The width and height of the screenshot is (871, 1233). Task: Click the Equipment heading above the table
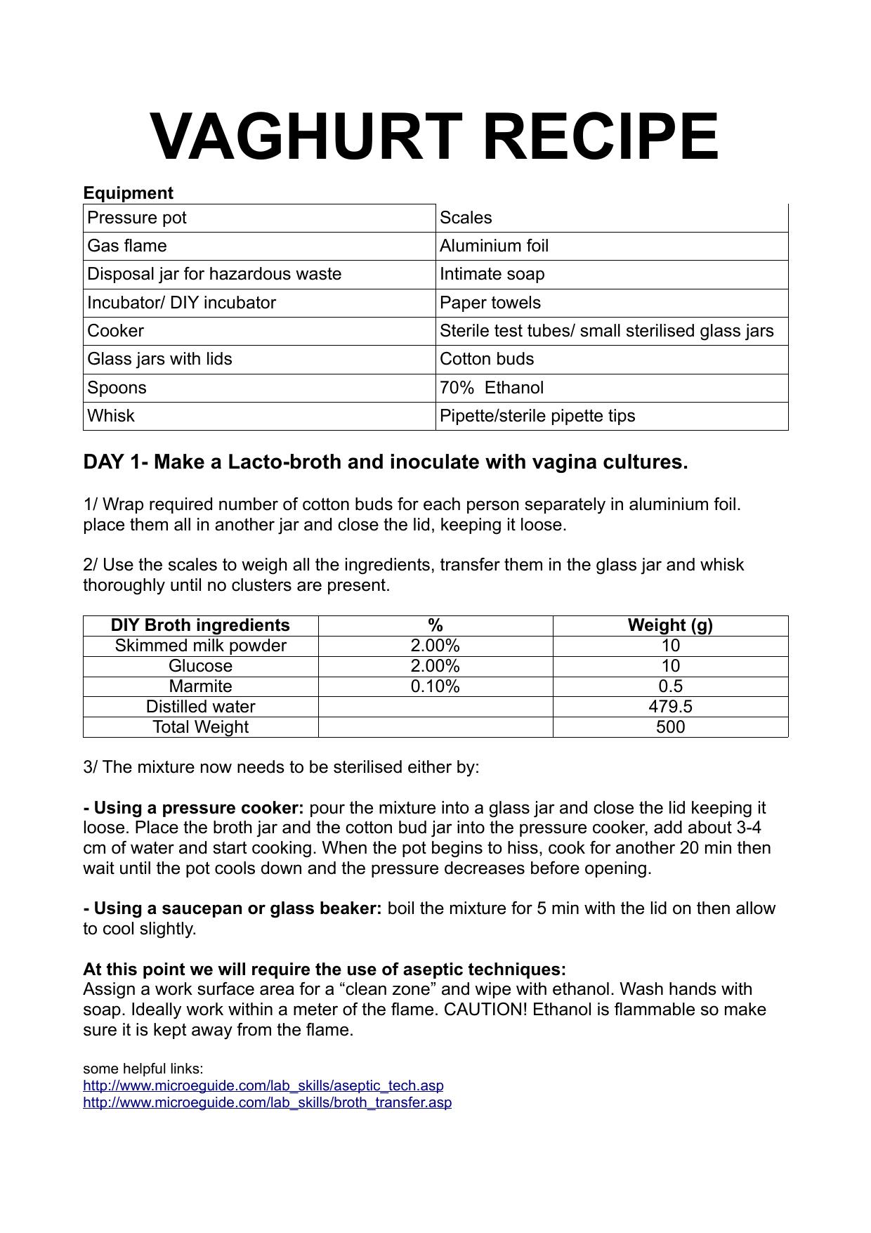[x=128, y=193]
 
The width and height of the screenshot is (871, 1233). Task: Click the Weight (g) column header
[x=670, y=625]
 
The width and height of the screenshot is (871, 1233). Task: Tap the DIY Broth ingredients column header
[x=200, y=625]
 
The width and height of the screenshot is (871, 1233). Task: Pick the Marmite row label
[x=200, y=686]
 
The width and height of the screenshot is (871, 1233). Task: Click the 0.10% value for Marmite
[x=435, y=686]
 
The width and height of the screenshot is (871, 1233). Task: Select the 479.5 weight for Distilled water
[x=670, y=707]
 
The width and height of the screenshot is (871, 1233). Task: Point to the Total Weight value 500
[x=670, y=727]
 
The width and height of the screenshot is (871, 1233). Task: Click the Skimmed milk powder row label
[x=200, y=646]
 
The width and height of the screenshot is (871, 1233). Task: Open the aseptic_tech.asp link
[x=263, y=1085]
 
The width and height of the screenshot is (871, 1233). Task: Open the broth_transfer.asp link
[x=268, y=1102]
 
